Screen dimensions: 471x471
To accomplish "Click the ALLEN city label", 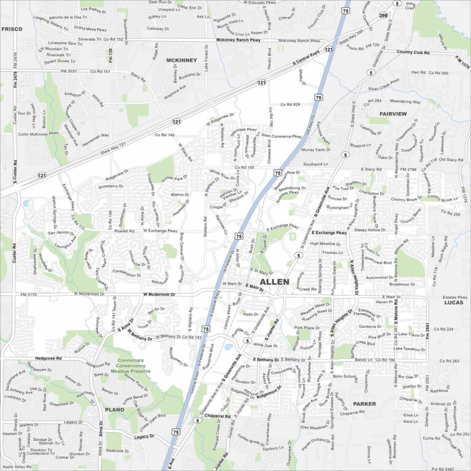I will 275,281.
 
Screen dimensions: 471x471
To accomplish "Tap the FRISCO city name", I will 12,29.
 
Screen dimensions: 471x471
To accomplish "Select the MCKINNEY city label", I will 182,60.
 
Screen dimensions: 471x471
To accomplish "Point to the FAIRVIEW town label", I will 392,114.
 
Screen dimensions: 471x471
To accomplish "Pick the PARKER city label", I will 364,404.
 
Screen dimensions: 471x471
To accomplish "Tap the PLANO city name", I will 114,409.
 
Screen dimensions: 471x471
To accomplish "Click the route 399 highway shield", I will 383,15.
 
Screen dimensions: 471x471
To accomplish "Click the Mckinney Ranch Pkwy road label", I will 239,40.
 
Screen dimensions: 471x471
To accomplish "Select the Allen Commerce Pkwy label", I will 281,137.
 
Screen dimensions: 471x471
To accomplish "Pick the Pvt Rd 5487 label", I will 445,468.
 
